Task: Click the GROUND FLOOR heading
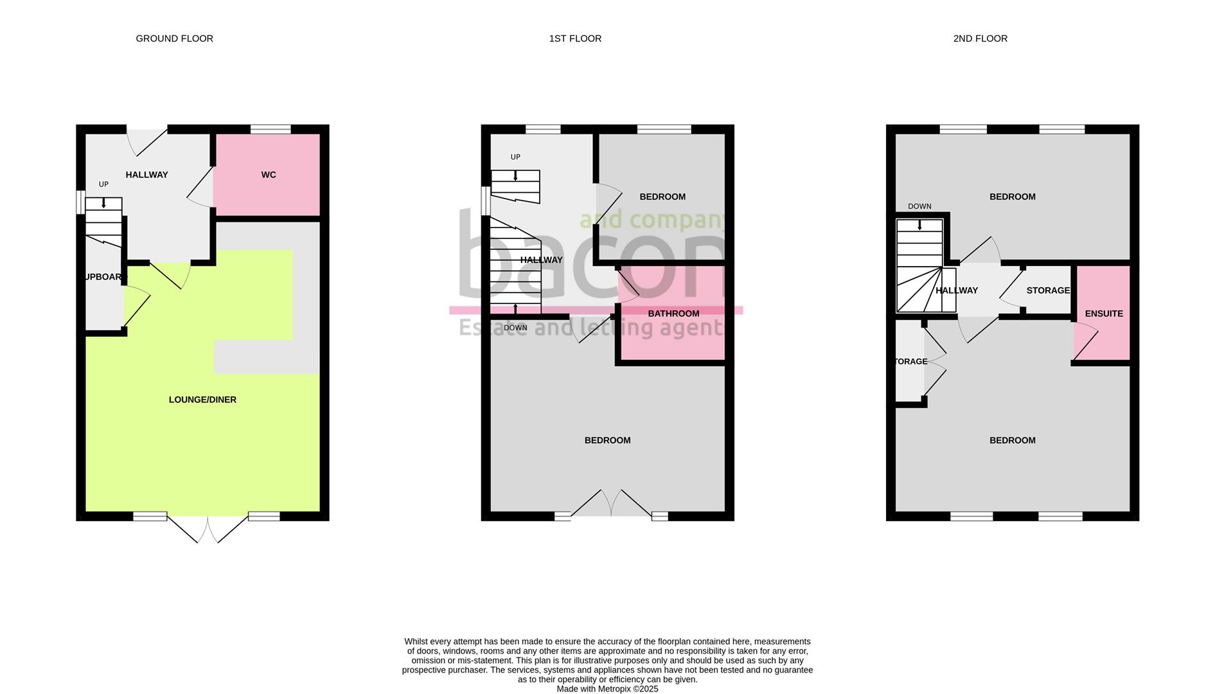[x=174, y=39]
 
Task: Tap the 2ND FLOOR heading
[x=980, y=39]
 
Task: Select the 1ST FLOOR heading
[x=575, y=39]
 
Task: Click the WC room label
[x=269, y=175]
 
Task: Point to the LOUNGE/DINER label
[x=202, y=400]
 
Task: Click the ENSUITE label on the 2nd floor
[x=1103, y=314]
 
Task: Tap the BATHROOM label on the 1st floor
[x=673, y=314]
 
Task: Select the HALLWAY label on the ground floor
[x=146, y=175]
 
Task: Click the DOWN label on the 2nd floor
[x=919, y=206]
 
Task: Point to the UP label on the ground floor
[x=103, y=184]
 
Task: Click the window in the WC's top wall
[x=270, y=129]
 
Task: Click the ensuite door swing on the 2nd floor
[x=1086, y=341]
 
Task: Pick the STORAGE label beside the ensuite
[x=1047, y=290]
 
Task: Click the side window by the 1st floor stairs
[x=486, y=200]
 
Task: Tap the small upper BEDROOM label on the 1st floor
[x=662, y=197]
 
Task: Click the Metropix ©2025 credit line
[x=607, y=689]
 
